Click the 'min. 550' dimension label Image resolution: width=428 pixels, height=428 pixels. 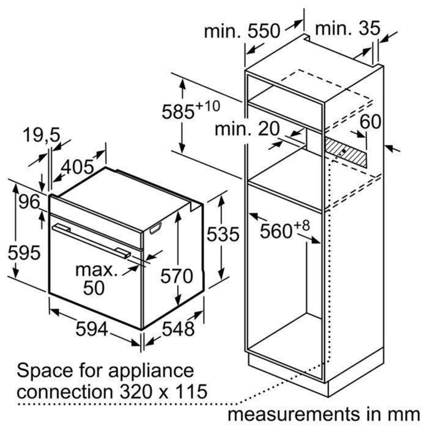click(x=242, y=31)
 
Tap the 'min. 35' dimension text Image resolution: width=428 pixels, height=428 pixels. click(x=348, y=28)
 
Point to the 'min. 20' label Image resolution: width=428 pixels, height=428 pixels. click(x=247, y=128)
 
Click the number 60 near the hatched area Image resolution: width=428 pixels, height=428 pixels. click(x=370, y=122)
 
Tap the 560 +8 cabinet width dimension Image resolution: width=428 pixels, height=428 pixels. click(x=285, y=229)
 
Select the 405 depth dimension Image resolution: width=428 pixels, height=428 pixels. click(x=77, y=167)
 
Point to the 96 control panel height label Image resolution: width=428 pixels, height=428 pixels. click(x=29, y=202)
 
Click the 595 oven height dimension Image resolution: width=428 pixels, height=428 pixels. click(x=24, y=253)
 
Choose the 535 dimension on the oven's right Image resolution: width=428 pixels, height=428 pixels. click(x=223, y=234)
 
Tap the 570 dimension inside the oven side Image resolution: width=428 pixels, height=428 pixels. click(x=177, y=276)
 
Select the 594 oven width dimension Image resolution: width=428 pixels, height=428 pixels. click(x=92, y=329)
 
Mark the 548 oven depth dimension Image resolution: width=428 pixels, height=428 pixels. click(x=178, y=329)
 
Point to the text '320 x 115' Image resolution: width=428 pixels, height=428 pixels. click(x=163, y=392)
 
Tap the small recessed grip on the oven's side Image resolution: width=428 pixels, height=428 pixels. click(x=155, y=228)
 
